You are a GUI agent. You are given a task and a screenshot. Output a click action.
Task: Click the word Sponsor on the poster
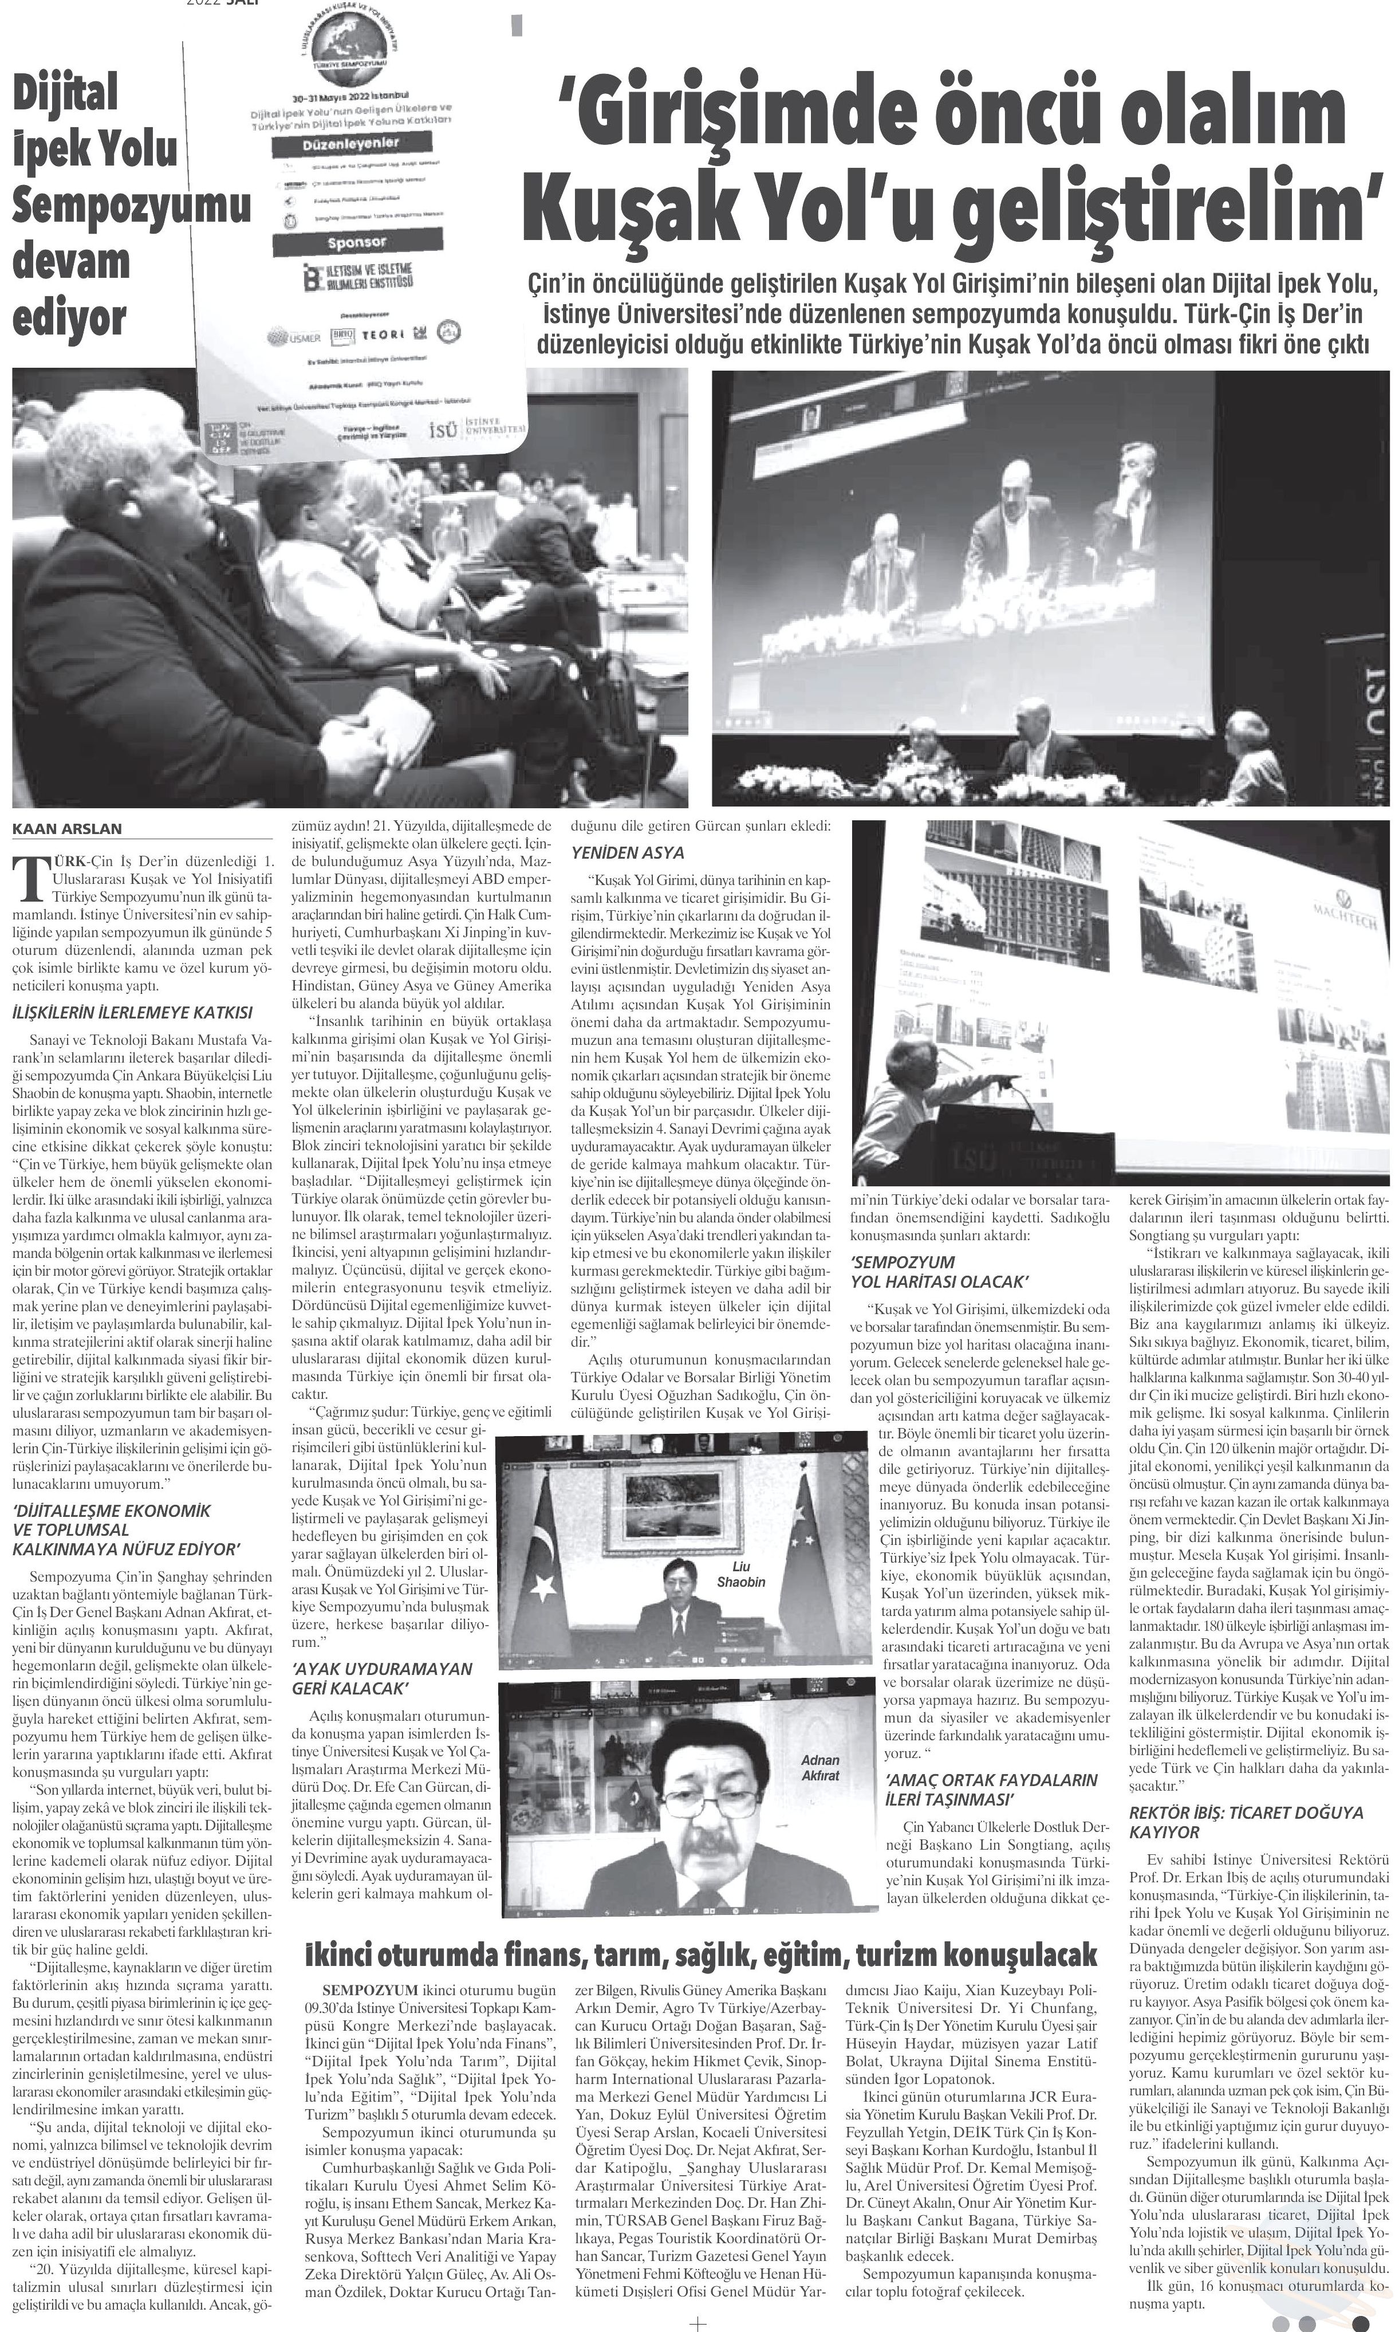tap(356, 242)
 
